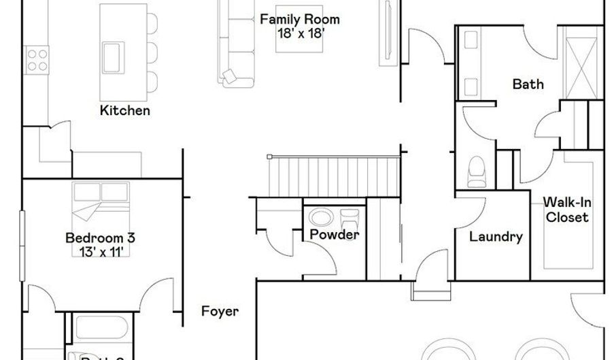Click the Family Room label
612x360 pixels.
point(299,20)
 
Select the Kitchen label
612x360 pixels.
point(125,110)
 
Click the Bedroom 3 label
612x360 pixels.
point(100,238)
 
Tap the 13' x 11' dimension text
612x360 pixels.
point(100,252)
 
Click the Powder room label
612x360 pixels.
point(334,235)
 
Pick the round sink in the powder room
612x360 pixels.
point(319,218)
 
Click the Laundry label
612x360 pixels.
point(496,237)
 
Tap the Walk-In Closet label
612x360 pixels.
point(565,210)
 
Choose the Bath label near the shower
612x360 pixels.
point(528,84)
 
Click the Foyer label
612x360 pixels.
point(220,312)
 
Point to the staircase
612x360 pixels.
point(333,176)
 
